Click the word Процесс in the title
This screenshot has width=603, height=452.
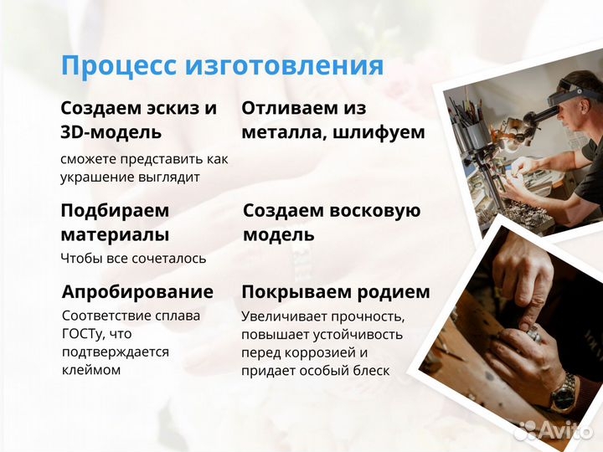coord(117,65)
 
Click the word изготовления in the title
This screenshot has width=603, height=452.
coord(283,65)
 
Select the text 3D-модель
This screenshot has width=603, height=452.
coord(111,132)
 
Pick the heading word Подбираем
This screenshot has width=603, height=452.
coord(115,210)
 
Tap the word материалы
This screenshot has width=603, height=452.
coord(115,234)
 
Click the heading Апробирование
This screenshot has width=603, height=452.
coord(137,292)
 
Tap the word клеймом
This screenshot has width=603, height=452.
coord(91,369)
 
